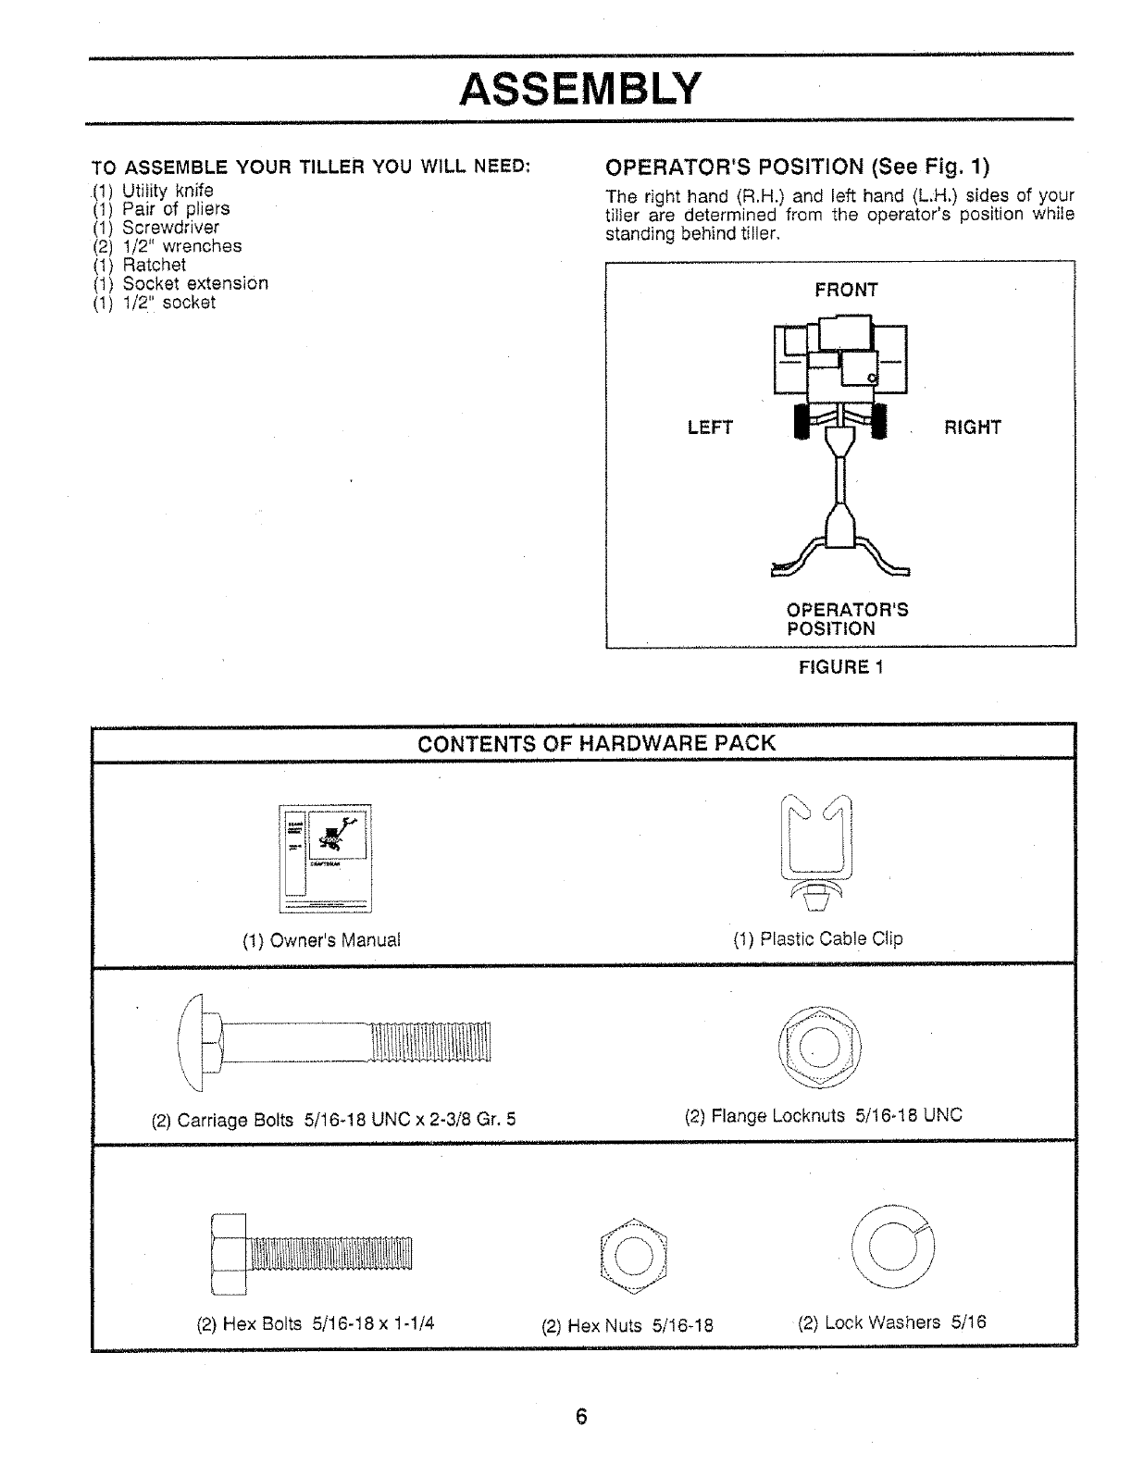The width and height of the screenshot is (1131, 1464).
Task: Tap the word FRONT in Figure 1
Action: (x=846, y=290)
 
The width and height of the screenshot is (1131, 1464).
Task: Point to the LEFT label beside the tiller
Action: (x=710, y=428)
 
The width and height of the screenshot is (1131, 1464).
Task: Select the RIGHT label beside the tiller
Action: (x=972, y=428)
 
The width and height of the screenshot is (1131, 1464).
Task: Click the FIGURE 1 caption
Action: (x=841, y=667)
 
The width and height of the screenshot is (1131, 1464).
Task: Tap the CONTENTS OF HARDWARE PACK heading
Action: (x=596, y=743)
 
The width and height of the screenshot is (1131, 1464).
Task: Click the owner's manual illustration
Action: (x=325, y=859)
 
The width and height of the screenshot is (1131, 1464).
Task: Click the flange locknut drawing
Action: (x=819, y=1047)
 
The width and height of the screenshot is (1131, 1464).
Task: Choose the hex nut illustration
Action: (x=633, y=1252)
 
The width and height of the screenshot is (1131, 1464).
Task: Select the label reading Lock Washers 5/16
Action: (x=891, y=1321)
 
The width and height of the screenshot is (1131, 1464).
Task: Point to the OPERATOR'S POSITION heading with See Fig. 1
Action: (x=796, y=167)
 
